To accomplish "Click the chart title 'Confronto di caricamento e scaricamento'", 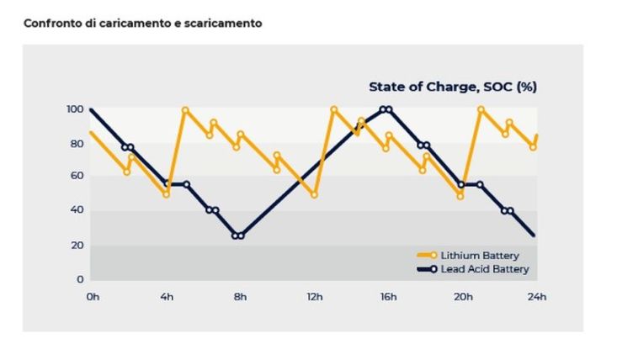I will pos(142,23).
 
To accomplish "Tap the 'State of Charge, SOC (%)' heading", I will pos(453,86).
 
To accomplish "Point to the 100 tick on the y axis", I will pos(75,109).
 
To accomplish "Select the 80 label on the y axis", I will pos(77,144).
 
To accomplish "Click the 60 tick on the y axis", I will pos(77,176).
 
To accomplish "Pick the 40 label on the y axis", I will pos(77,210).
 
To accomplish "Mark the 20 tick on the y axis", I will pos(77,245).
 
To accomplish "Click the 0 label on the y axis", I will pos(80,279).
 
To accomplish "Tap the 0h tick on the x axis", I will pos(92,296).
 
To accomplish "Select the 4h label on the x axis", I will pos(166,296).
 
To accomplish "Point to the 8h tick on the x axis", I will pos(240,296).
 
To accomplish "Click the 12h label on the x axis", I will pos(315,296).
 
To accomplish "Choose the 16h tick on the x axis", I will pos(388,296).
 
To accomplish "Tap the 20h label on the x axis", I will pos(462,296).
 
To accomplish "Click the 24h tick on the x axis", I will pos(536,296).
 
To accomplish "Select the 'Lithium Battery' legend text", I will pos(480,255).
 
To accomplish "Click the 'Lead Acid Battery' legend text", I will pos(486,269).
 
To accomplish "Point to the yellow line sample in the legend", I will pos(426,255).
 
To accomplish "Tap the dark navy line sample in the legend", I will pos(426,269).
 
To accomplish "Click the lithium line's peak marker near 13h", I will pos(334,109).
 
